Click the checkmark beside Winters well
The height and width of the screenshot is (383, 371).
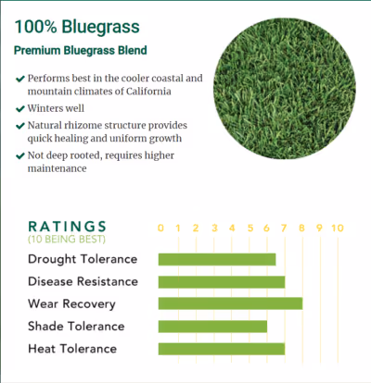tap(20, 107)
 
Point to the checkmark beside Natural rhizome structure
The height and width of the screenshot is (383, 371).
tap(20, 123)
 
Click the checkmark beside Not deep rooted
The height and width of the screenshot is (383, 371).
tap(20, 154)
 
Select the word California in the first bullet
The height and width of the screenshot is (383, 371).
tap(147, 93)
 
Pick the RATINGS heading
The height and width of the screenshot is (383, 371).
tap(67, 226)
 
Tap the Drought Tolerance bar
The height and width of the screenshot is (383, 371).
tap(217, 259)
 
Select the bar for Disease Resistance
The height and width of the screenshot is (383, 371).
tap(222, 281)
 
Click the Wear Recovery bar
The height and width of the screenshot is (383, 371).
tap(230, 303)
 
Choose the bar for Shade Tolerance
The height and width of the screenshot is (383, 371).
tap(212, 326)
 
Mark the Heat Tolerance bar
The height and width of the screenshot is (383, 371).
tap(222, 349)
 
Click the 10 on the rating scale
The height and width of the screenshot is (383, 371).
tap(338, 228)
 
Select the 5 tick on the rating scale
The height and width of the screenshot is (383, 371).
tap(249, 228)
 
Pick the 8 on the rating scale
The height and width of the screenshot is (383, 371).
tap(302, 228)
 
